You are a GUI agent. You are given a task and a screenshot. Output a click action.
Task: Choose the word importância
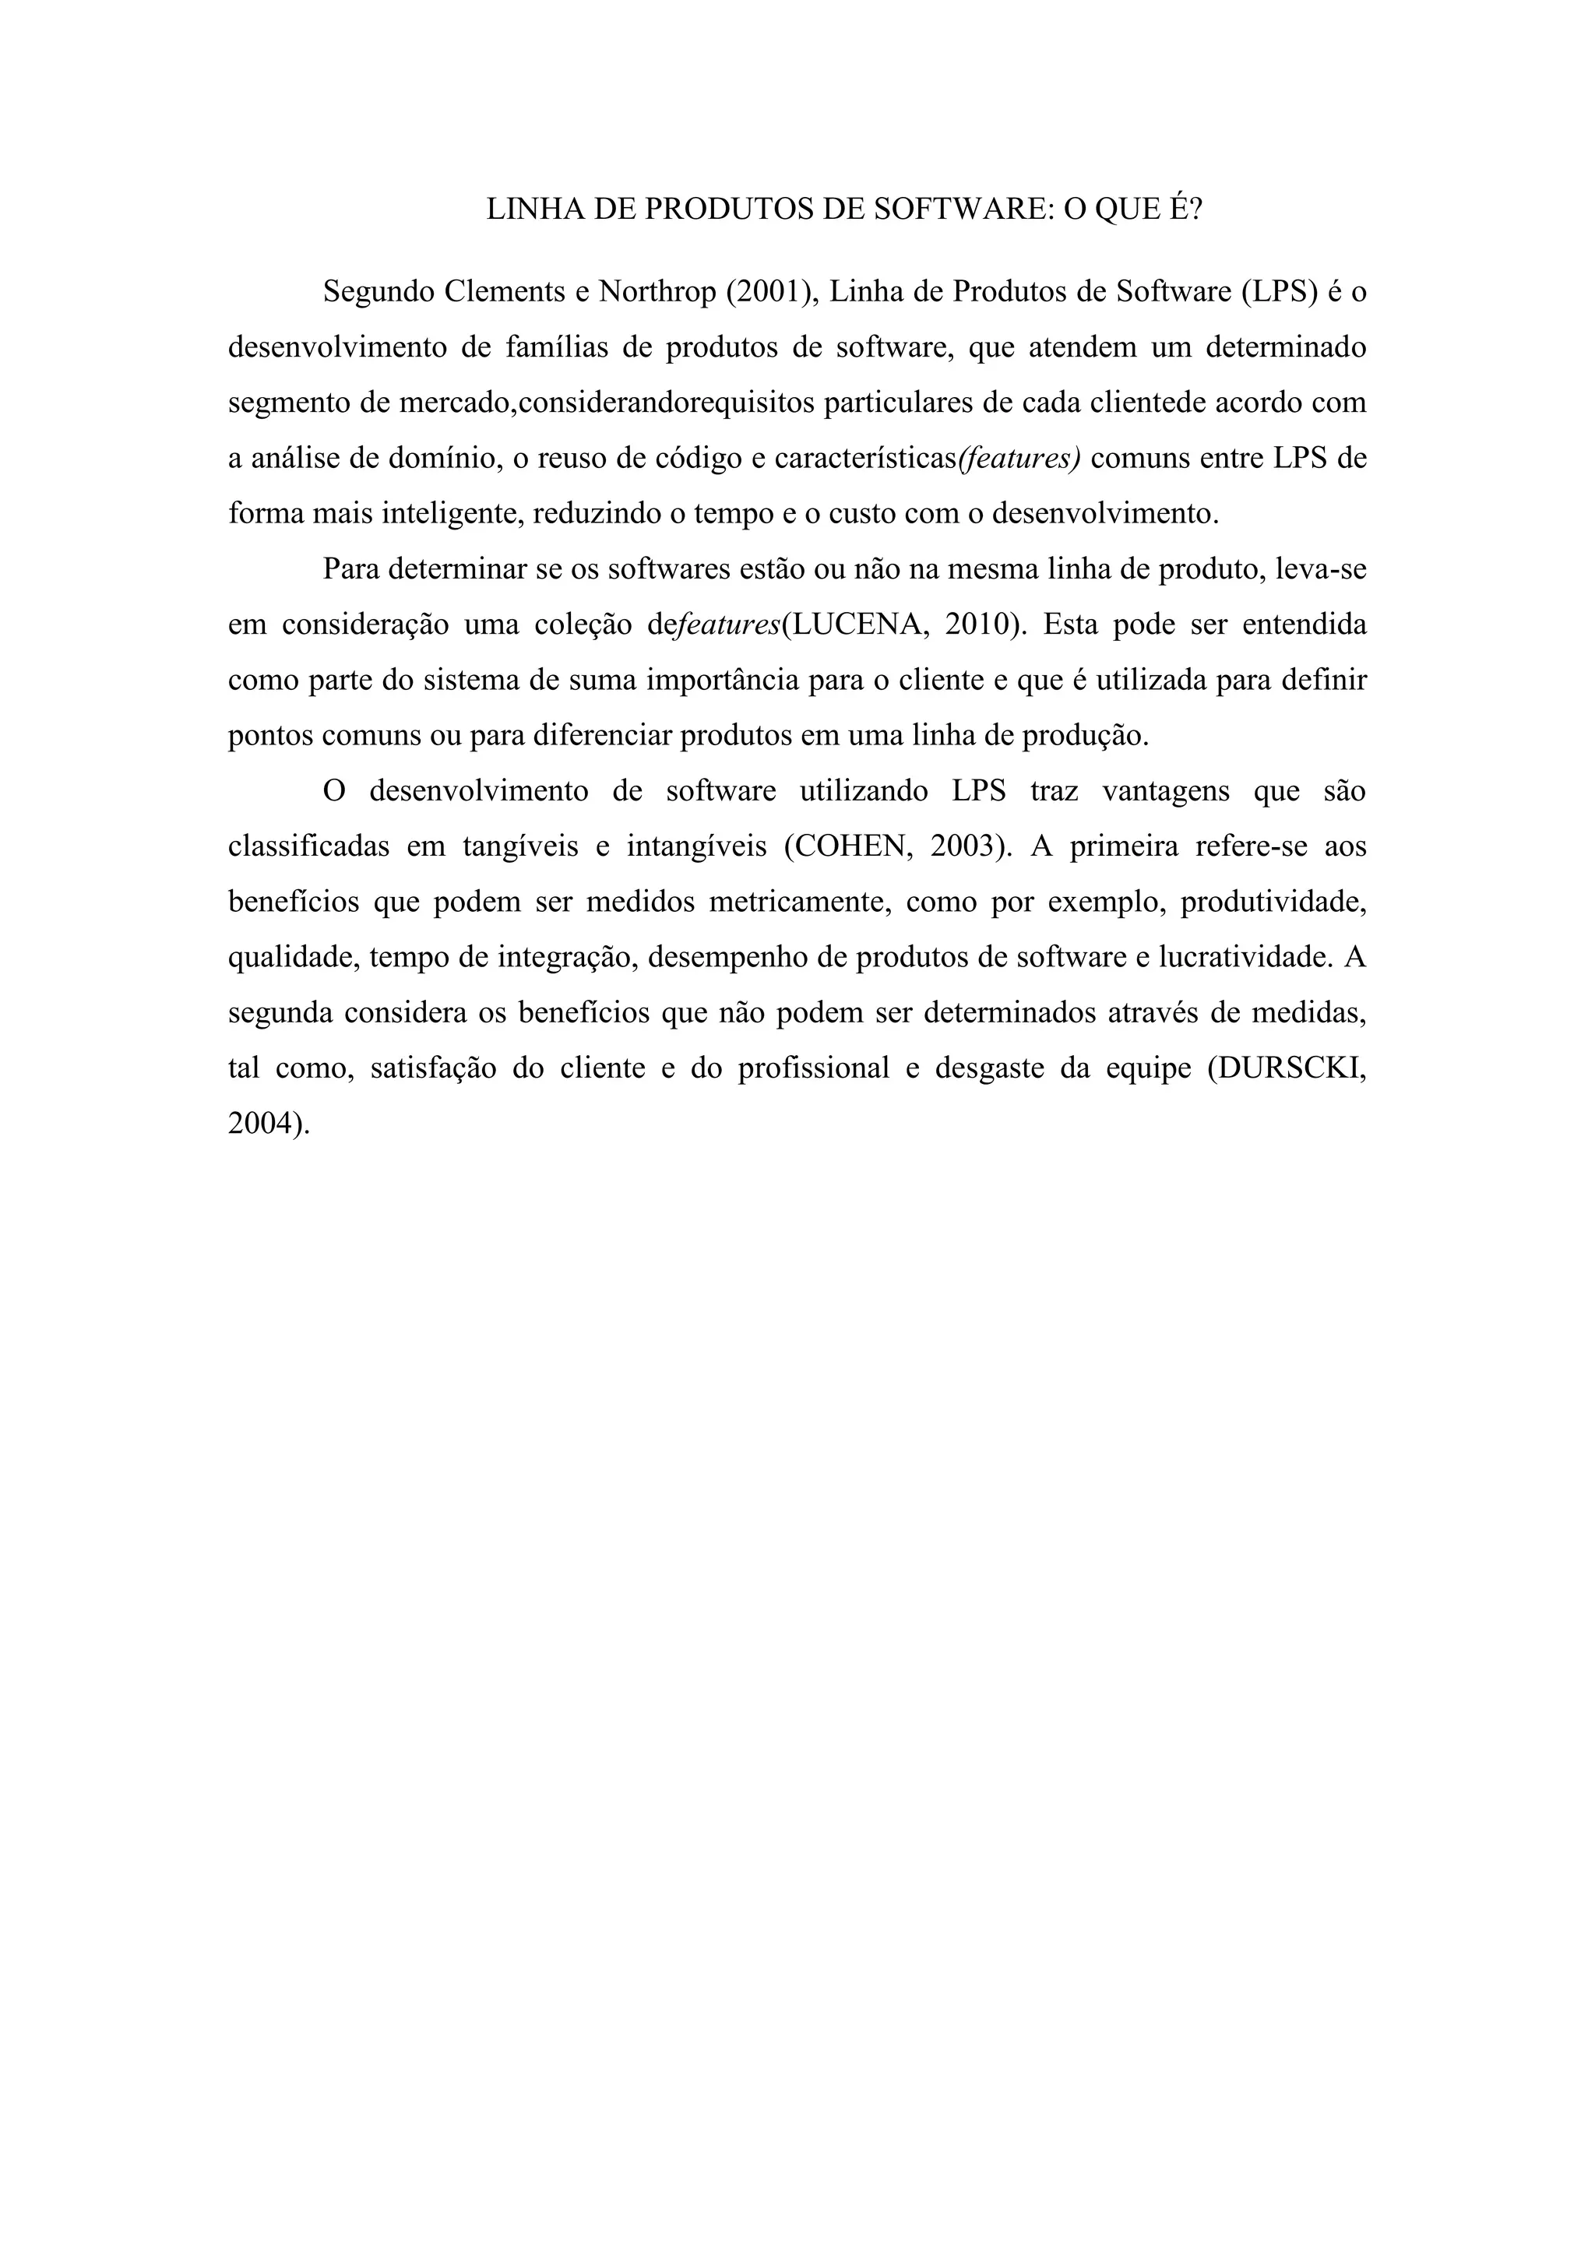point(721,681)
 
